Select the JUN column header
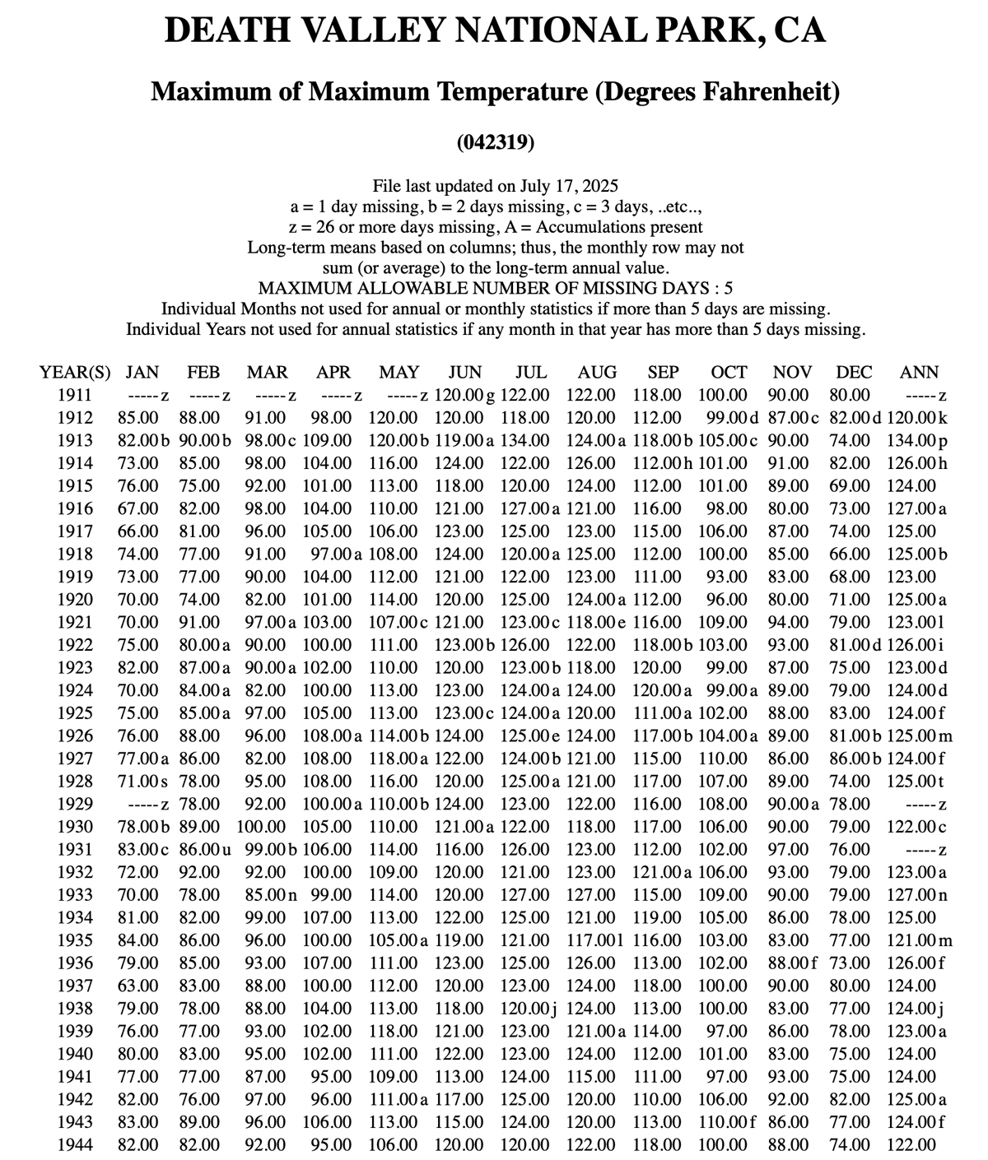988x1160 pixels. point(465,372)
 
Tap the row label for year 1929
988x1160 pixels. point(74,804)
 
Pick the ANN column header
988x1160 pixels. point(920,372)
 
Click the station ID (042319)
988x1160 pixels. point(495,142)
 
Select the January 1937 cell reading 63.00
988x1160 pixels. point(138,986)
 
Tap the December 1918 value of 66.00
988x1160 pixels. point(850,554)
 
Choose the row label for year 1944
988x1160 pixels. point(74,1144)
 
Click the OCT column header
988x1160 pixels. point(729,372)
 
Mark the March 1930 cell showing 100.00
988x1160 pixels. point(262,827)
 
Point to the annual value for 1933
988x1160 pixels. point(916,894)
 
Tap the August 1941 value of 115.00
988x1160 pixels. point(590,1076)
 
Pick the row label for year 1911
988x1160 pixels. point(74,395)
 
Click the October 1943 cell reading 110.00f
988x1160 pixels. point(728,1121)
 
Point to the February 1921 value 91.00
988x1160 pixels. point(200,622)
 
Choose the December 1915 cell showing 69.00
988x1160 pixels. point(850,485)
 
